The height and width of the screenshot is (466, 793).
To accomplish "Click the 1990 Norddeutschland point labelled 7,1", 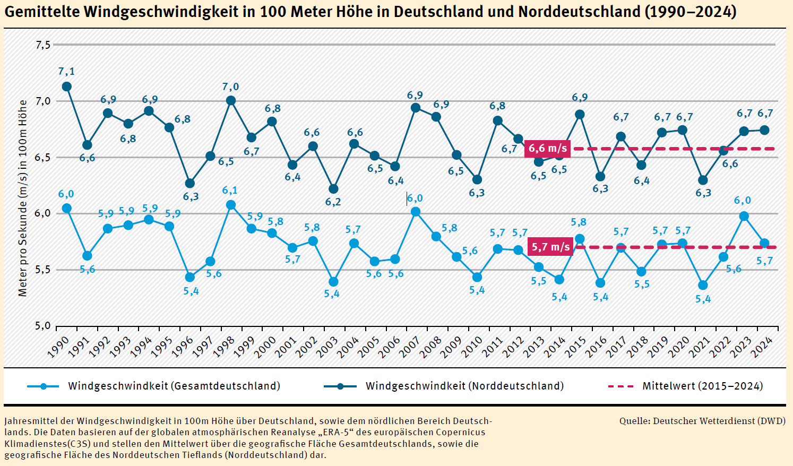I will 66,87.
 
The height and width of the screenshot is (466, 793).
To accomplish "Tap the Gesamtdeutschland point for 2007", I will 416,212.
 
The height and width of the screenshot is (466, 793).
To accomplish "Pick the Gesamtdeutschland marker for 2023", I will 744,216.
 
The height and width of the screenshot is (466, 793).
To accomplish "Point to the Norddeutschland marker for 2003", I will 333,189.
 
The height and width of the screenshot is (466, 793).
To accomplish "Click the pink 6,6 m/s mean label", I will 548,149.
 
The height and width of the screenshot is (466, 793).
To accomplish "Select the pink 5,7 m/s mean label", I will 551,247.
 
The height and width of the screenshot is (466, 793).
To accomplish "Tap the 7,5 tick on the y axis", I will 43,45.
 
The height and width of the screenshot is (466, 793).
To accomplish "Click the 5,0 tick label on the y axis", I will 43,326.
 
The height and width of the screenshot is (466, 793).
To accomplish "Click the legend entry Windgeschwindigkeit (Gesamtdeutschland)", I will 174,386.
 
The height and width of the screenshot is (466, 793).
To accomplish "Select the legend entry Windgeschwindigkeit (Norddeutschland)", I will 464,386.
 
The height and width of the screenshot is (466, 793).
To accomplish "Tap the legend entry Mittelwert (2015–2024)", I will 702,386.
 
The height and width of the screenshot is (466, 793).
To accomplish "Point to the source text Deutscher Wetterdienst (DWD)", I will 719,421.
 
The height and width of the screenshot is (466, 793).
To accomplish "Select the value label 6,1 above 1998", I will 230,190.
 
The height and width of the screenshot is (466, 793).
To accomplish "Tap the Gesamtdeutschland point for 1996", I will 190,277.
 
